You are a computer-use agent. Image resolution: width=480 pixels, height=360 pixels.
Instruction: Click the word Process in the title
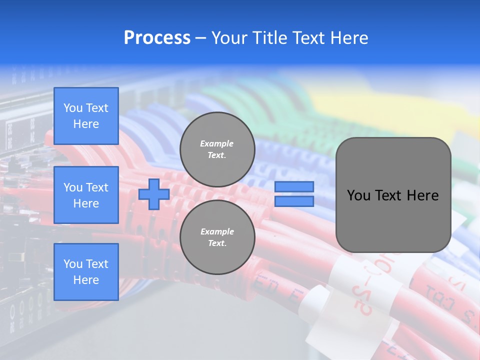click(x=157, y=38)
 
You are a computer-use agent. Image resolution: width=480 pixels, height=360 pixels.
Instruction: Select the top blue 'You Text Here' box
click(x=86, y=116)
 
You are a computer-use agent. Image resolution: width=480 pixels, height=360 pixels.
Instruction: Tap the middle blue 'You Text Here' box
click(x=86, y=195)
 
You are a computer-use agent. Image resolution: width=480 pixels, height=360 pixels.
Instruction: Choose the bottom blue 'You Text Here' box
click(x=86, y=272)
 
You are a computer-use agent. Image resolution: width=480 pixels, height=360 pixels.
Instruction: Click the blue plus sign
click(x=153, y=194)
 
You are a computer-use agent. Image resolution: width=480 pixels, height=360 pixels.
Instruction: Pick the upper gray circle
click(x=217, y=149)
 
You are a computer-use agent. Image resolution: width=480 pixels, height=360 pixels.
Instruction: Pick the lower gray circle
click(x=217, y=237)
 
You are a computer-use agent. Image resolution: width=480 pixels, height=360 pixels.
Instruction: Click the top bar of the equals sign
click(x=294, y=187)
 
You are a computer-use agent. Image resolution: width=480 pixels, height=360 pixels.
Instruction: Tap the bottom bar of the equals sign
click(x=294, y=201)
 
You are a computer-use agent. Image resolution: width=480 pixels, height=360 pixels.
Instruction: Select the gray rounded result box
click(x=393, y=195)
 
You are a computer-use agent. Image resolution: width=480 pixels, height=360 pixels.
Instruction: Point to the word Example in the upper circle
click(x=217, y=143)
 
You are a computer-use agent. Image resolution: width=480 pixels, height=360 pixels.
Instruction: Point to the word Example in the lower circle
click(x=217, y=231)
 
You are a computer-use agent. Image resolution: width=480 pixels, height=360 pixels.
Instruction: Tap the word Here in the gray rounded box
click(x=422, y=195)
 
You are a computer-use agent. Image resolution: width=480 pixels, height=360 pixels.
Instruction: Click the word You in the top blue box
click(x=73, y=108)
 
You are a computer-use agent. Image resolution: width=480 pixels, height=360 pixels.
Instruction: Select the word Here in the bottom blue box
click(x=86, y=280)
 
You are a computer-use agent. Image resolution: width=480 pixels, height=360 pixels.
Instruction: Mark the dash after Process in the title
click(x=201, y=38)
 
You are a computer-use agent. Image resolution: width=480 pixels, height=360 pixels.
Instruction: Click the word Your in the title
click(x=231, y=38)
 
